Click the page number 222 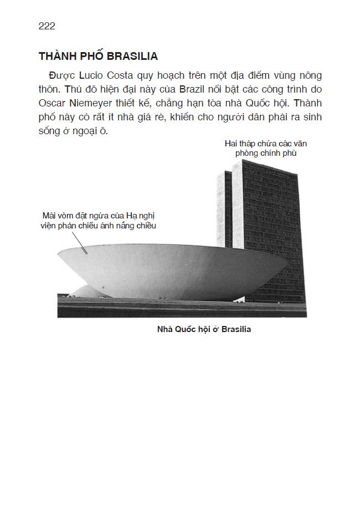click(x=47, y=26)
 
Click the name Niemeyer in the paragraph click(x=98, y=103)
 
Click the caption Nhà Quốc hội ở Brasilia click(x=204, y=329)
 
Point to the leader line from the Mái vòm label click(x=78, y=242)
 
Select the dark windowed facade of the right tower click(x=271, y=233)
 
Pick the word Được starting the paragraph click(x=60, y=75)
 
